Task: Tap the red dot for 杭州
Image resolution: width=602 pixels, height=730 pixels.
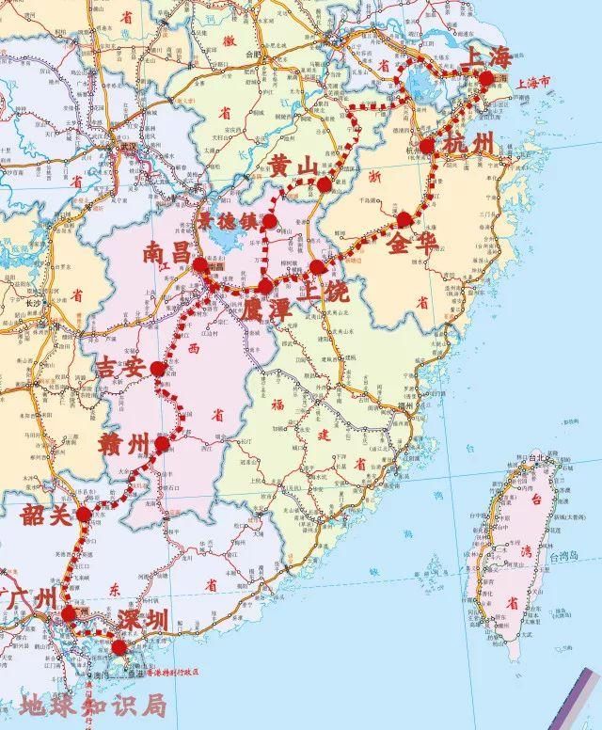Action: click(x=428, y=146)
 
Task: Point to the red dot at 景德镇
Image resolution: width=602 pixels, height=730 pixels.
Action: click(x=270, y=222)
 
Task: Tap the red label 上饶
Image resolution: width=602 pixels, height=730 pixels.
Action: click(x=325, y=293)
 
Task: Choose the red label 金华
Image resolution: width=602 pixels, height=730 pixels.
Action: click(x=411, y=246)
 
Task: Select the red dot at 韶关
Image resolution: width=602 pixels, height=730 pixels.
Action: click(x=85, y=515)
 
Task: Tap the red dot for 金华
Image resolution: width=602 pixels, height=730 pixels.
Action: click(x=404, y=219)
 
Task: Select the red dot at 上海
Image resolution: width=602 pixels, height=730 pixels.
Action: click(x=485, y=79)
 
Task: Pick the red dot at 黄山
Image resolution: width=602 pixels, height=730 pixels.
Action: click(x=325, y=184)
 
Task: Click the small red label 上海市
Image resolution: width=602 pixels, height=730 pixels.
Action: click(x=533, y=84)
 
